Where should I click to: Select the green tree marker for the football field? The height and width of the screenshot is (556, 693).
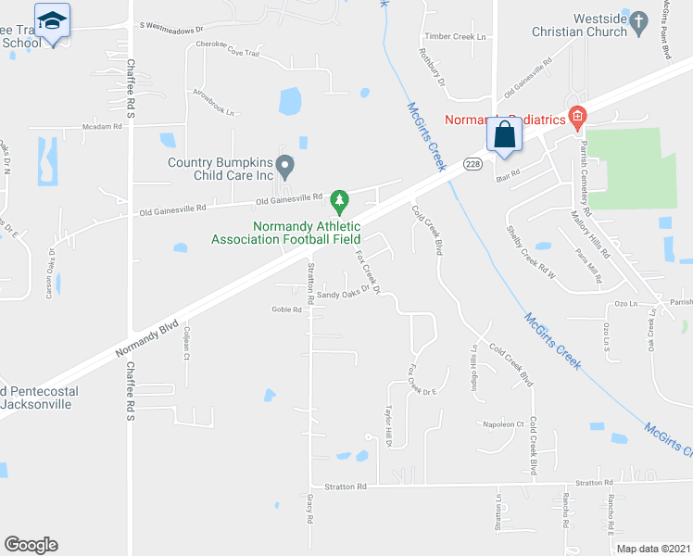[x=340, y=199]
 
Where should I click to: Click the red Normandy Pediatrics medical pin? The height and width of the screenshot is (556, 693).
[x=578, y=118]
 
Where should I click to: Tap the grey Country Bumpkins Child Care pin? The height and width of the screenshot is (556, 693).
[x=286, y=167]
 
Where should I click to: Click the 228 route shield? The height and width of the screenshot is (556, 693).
[x=473, y=164]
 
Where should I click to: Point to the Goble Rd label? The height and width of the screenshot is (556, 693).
[x=287, y=310]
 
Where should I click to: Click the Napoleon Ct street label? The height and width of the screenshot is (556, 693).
[x=504, y=423]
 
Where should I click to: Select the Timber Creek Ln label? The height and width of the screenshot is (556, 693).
[x=454, y=36]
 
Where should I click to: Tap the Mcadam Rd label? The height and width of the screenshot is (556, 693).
[x=102, y=126]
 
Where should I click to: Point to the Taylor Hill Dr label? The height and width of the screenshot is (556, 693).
[x=390, y=427]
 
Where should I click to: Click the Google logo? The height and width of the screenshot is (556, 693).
[x=31, y=545]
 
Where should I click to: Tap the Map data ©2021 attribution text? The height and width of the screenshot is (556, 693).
[x=654, y=549]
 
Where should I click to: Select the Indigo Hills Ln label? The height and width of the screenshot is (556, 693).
[x=474, y=367]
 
